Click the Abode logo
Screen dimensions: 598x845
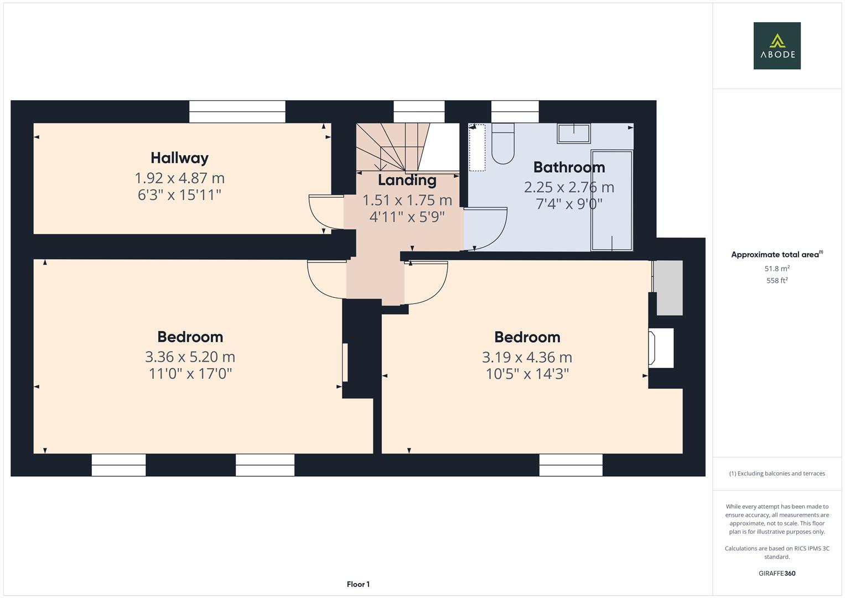(776, 46)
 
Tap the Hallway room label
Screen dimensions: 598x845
(179, 158)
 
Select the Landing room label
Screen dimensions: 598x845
(407, 180)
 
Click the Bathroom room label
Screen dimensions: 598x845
(569, 167)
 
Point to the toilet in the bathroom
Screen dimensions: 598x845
(502, 145)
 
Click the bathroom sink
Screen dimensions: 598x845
(573, 133)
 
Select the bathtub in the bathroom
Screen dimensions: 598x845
(611, 200)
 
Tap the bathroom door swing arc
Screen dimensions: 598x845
(490, 227)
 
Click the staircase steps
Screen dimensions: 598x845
(393, 146)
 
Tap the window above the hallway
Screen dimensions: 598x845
(237, 111)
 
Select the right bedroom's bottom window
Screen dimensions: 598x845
(571, 465)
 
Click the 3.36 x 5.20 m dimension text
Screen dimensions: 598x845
(190, 357)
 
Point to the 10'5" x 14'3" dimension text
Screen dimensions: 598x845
(527, 374)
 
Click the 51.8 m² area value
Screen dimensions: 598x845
(776, 269)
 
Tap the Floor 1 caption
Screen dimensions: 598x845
(358, 584)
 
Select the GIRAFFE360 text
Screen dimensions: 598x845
(776, 573)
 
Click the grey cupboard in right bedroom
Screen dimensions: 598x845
(668, 287)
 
